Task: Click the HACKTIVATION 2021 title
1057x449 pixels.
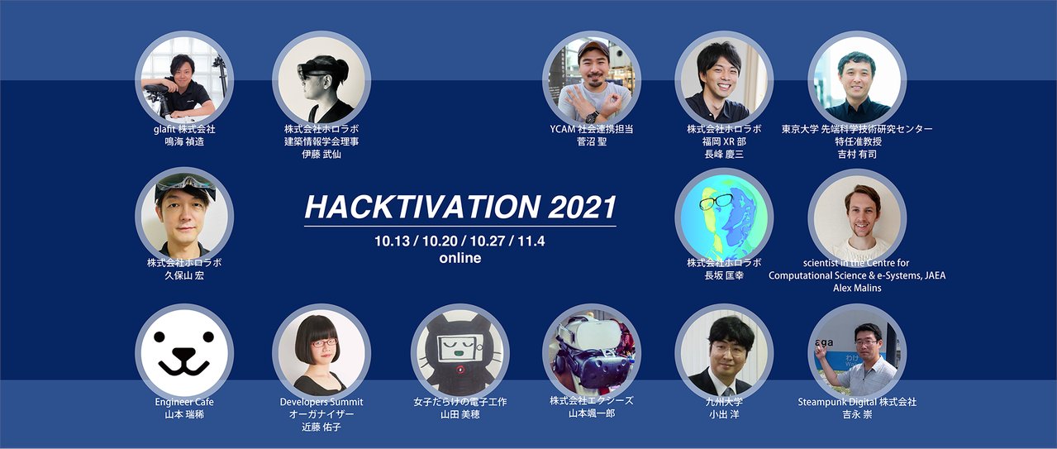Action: (x=460, y=206)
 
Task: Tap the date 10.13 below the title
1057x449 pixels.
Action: (x=392, y=241)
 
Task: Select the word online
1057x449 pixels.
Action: (x=460, y=258)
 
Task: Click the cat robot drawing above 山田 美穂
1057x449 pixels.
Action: (x=459, y=351)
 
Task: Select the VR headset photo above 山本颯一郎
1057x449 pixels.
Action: (x=591, y=351)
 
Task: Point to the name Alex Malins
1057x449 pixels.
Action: (x=857, y=287)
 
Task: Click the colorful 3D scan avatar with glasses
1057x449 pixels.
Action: (x=723, y=217)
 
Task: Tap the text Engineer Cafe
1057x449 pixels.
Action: (x=184, y=402)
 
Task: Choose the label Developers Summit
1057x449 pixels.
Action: (x=321, y=402)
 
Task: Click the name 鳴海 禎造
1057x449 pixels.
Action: (x=184, y=142)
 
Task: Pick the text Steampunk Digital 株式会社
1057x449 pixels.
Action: (x=857, y=402)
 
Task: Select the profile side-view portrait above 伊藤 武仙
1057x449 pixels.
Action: (x=321, y=80)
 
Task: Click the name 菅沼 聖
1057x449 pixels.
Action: (x=591, y=142)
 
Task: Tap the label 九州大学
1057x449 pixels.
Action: (x=723, y=402)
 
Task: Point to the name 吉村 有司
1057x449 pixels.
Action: (x=857, y=155)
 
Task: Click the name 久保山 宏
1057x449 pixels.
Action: (x=184, y=275)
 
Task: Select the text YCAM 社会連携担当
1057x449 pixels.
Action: (x=591, y=130)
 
